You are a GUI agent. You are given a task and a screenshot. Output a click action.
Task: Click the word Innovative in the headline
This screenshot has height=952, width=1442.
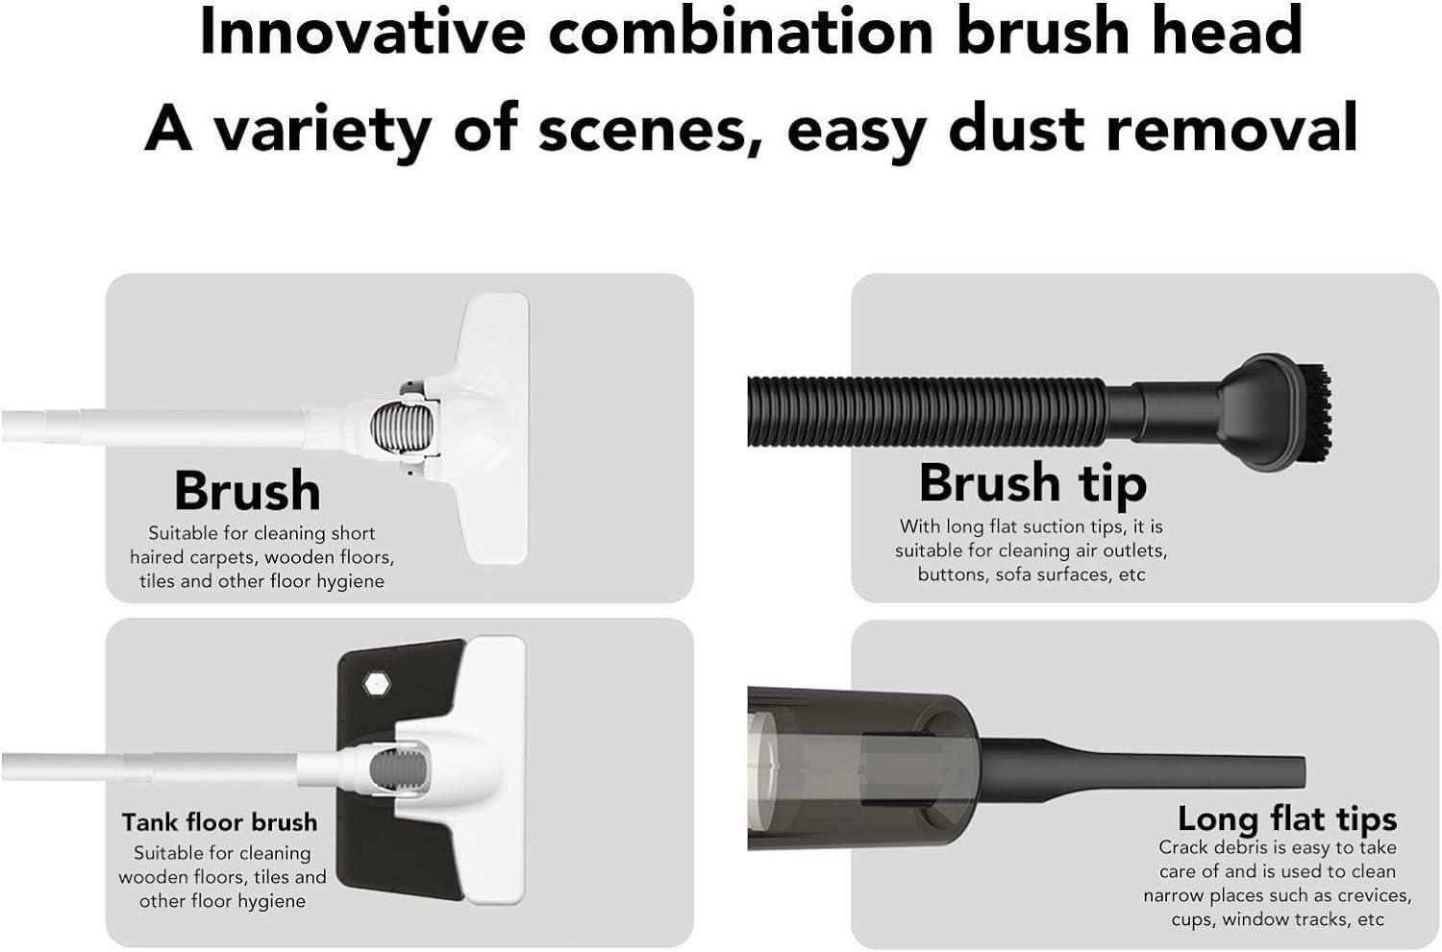363,31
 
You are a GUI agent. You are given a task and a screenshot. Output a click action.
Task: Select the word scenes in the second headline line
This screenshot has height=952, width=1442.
651,129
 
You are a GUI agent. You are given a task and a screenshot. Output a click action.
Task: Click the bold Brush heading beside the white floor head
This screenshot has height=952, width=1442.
247,490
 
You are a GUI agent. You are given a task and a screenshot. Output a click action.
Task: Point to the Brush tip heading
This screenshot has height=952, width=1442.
1032,484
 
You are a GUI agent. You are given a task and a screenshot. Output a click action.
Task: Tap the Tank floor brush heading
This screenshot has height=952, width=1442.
219,822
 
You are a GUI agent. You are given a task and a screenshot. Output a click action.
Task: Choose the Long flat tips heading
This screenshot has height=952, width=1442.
1287,818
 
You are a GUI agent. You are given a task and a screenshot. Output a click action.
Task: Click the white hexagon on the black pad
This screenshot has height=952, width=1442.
376,684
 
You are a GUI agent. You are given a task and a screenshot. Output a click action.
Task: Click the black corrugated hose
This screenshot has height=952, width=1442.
927,412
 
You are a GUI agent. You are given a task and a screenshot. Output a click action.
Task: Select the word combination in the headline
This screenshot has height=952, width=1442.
741,31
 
